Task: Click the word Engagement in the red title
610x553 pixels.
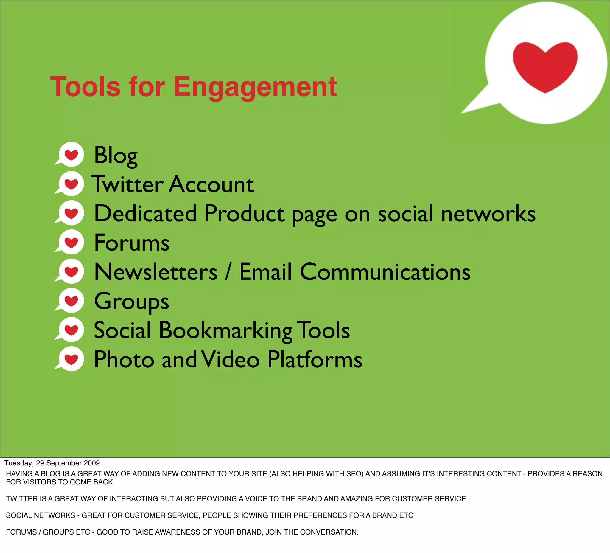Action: click(255, 87)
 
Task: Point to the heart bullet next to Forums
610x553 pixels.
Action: click(71, 242)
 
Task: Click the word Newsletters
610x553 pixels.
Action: click(155, 272)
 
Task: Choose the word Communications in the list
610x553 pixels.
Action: click(385, 272)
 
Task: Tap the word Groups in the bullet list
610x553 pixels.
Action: click(132, 302)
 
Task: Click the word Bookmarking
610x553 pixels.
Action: click(225, 330)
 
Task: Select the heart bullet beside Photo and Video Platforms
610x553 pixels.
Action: click(71, 359)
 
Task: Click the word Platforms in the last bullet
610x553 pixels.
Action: click(315, 359)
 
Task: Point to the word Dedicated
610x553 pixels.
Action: click(146, 213)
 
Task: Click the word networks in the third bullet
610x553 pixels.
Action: click(488, 213)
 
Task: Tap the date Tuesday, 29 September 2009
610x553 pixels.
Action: click(52, 463)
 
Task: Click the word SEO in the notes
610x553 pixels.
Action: click(355, 474)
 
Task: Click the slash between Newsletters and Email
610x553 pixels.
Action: click(228, 272)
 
